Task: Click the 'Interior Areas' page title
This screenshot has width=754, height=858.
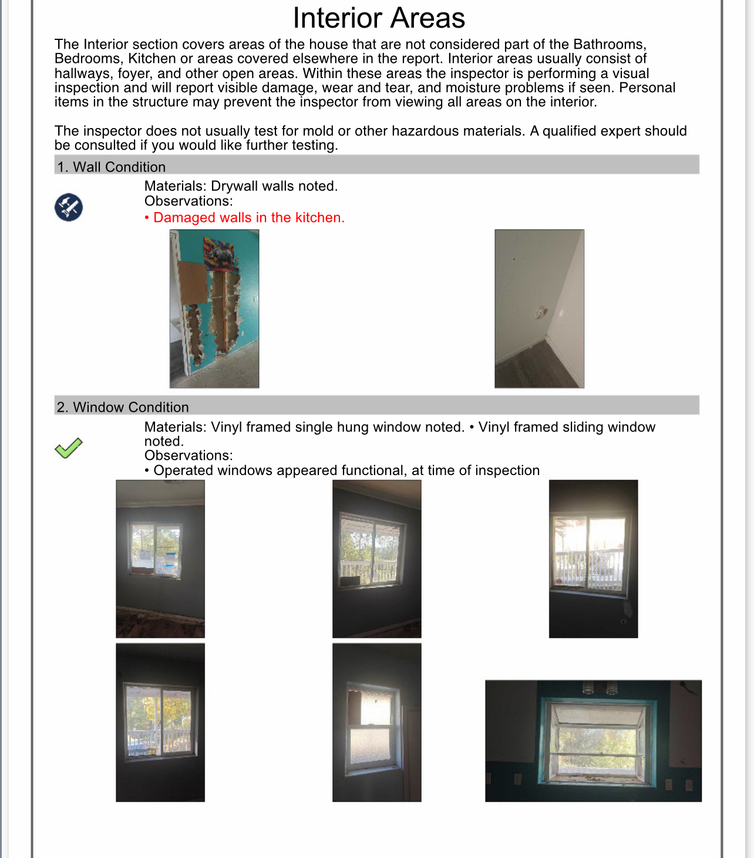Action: pyautogui.click(x=379, y=18)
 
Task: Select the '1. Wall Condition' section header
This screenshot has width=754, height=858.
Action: pyautogui.click(x=111, y=167)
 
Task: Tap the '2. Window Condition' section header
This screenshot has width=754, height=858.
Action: pyautogui.click(x=123, y=407)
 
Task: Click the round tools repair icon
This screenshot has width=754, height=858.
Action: pyautogui.click(x=69, y=207)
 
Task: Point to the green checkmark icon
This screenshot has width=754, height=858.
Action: pyautogui.click(x=69, y=448)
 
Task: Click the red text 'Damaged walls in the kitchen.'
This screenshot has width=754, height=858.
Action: pyautogui.click(x=248, y=217)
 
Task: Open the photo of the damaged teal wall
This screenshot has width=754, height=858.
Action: pyautogui.click(x=214, y=309)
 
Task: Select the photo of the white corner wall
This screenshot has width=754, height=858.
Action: pyautogui.click(x=539, y=309)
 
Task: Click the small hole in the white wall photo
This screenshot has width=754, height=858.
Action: pyautogui.click(x=541, y=312)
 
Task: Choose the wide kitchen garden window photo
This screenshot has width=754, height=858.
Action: pyautogui.click(x=593, y=741)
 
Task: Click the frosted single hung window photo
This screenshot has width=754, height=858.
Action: pyautogui.click(x=376, y=722)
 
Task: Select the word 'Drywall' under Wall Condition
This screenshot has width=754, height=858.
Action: pyautogui.click(x=234, y=186)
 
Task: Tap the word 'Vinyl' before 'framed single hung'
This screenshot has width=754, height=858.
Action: pyautogui.click(x=226, y=427)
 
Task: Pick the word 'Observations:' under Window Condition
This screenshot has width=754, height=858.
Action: pyautogui.click(x=188, y=456)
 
